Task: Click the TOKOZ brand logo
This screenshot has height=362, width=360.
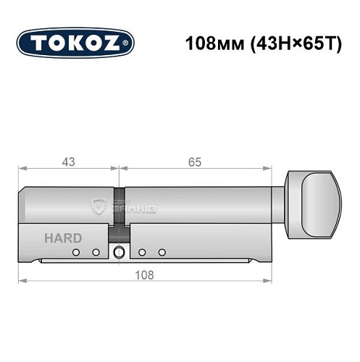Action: (75, 42)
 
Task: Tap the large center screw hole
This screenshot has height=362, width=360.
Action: (119, 252)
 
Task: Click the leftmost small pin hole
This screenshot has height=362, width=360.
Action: (75, 252)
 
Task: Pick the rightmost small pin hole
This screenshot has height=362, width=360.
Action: (162, 252)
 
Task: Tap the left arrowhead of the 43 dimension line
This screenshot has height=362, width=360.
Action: (22, 169)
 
